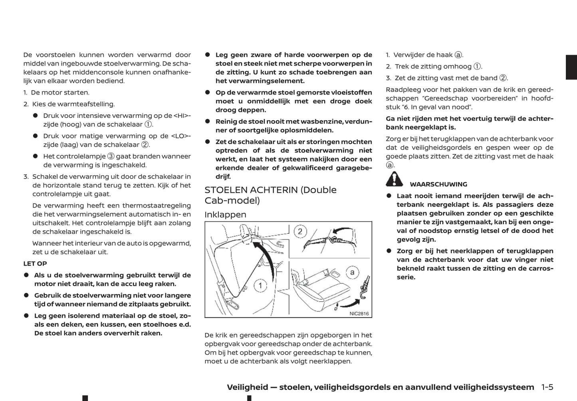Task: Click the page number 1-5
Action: click(547, 387)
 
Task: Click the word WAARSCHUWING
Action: click(438, 184)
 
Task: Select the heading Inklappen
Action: click(225, 215)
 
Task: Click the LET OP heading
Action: click(35, 264)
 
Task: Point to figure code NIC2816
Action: click(359, 314)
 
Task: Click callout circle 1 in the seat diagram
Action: click(260, 285)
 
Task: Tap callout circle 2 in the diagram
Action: click(300, 231)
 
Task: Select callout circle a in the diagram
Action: click(352, 273)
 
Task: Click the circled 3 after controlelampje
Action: click(111, 156)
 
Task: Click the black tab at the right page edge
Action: click(571, 67)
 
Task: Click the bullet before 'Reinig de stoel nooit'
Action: click(208, 121)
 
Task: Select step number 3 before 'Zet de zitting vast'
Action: click(388, 78)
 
